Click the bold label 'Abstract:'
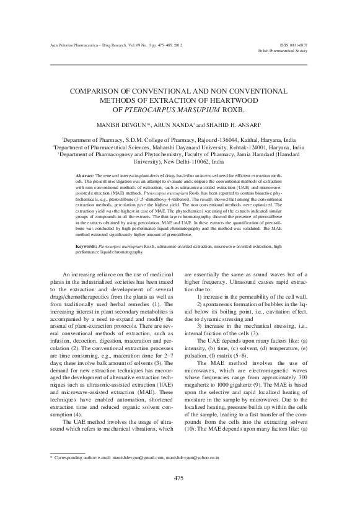point(85,177)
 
